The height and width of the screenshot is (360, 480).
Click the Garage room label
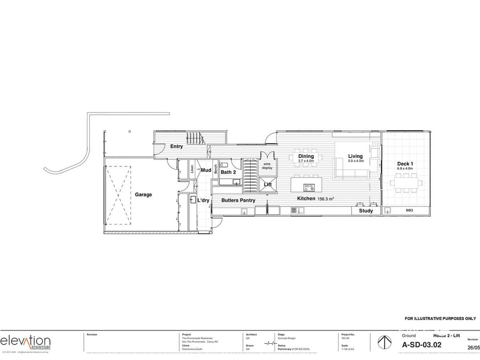(143, 194)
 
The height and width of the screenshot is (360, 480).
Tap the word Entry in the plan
(176, 146)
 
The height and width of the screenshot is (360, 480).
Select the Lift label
(268, 184)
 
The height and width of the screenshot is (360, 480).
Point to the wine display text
(268, 166)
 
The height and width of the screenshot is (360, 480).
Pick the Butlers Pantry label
(238, 200)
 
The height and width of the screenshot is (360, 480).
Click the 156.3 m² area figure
(325, 198)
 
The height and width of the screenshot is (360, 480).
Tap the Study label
(366, 211)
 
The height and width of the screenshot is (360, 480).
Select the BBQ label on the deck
(409, 210)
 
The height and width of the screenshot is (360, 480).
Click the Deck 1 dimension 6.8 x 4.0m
(405, 168)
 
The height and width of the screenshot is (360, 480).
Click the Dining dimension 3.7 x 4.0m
(306, 161)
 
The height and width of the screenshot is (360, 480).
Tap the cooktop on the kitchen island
(309, 186)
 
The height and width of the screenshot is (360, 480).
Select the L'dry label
(203, 200)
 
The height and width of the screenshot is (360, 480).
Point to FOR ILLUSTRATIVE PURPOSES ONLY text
(440, 318)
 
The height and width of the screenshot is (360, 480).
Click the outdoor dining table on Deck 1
(406, 183)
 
